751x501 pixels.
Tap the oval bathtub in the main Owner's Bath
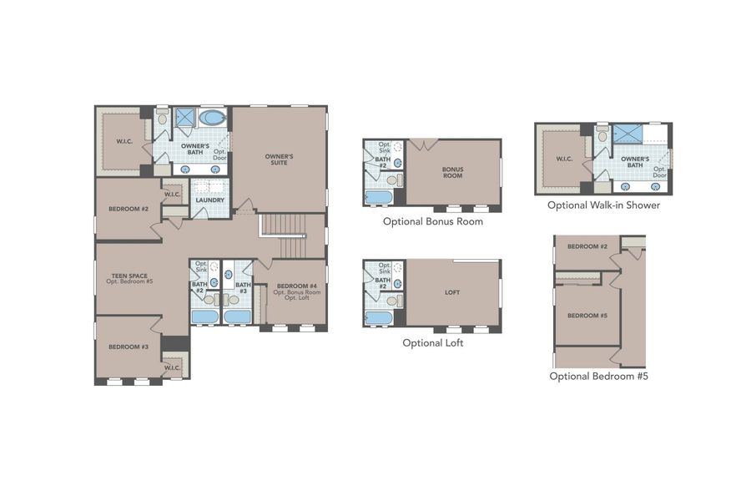coord(212,118)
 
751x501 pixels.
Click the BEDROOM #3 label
coord(125,346)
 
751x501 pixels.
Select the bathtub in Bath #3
coord(236,316)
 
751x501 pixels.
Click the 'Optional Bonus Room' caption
coord(432,221)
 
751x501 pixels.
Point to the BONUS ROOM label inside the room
coord(452,173)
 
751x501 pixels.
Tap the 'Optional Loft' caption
coord(432,342)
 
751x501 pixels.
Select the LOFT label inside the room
coord(452,293)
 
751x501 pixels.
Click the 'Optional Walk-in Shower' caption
coord(603,205)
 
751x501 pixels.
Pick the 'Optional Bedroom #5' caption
coord(598,376)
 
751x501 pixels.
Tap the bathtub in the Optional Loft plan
coord(379,317)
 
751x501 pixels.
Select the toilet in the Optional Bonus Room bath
coord(392,180)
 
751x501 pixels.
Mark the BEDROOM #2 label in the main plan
coord(128,208)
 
